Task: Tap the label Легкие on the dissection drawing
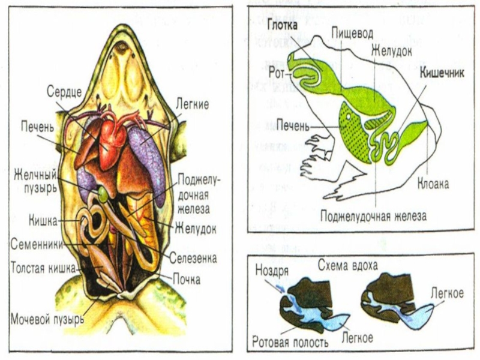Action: pos(191,104)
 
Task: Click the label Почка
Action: pos(187,278)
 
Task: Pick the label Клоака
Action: pos(433,184)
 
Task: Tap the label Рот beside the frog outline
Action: pos(277,71)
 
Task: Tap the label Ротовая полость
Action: pos(290,343)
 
